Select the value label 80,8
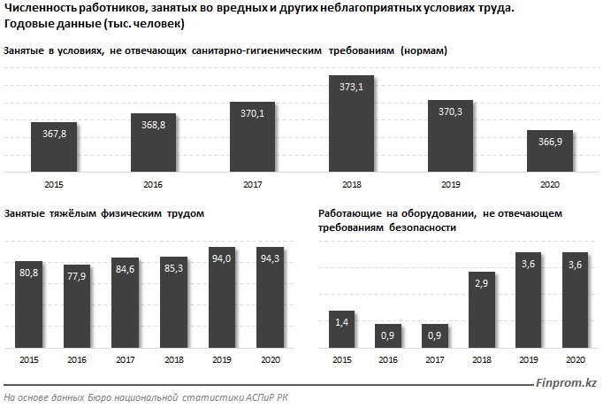click(x=30, y=273)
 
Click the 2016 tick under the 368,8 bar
click(x=153, y=185)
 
